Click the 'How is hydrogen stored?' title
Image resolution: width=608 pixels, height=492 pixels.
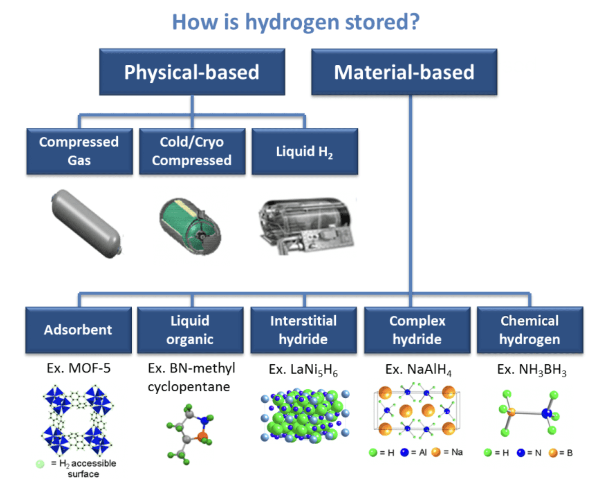296,22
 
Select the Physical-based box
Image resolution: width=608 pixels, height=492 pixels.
192,72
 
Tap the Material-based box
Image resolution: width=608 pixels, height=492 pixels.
404,72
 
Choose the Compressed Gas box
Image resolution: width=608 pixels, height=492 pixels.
79,151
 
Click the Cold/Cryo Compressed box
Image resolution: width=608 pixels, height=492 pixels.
192,151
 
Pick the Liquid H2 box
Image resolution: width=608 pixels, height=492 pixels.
305,151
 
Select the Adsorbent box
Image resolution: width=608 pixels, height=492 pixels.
78,330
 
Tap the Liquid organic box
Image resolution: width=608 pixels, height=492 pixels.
190,330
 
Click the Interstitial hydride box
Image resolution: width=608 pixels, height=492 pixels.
303,330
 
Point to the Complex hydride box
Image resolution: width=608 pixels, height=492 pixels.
417,330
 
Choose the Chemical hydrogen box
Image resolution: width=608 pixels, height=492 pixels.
530,330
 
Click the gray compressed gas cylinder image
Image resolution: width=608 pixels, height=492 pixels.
87,224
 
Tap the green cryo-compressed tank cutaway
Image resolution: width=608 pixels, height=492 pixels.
190,226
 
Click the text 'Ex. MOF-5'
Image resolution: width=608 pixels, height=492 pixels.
79,368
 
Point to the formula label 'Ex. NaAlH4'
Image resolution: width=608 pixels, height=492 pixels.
418,370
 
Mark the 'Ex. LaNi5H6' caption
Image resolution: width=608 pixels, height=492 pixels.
303,370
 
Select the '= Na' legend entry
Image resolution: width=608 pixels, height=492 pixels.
447,452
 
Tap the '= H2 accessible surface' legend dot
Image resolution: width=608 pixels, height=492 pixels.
40,464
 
